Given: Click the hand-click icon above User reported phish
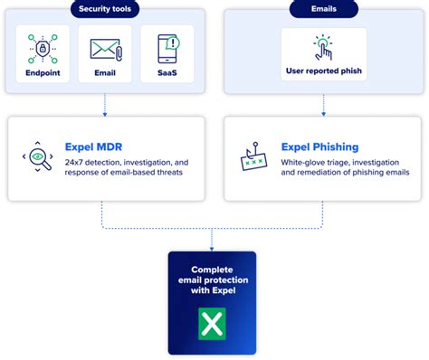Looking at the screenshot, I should pyautogui.click(x=324, y=47).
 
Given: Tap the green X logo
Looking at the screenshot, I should pyautogui.click(x=212, y=323).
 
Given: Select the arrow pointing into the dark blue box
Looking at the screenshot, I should pyautogui.click(x=212, y=244).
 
